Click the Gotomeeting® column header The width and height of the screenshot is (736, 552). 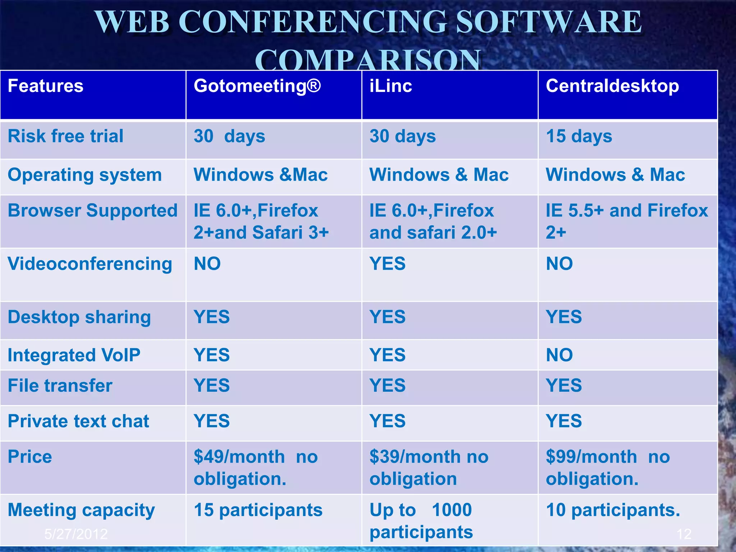[x=257, y=86]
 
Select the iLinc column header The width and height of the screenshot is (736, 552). [x=391, y=86]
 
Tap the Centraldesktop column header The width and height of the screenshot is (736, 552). [x=612, y=86]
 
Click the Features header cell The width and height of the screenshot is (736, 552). [x=46, y=86]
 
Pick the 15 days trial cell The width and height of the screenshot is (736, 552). [x=579, y=137]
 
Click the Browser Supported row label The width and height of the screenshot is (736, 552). [x=93, y=211]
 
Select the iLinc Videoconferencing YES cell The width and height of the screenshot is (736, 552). [x=387, y=264]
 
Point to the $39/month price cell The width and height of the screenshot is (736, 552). [x=429, y=467]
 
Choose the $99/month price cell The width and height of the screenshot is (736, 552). [x=607, y=467]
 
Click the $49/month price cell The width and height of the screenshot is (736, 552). [x=255, y=467]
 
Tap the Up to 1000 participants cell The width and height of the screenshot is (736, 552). [x=421, y=520]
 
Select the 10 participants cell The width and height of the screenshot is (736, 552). [x=613, y=510]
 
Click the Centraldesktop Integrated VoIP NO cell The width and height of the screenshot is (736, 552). [x=559, y=355]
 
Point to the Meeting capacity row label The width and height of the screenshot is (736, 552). [x=81, y=510]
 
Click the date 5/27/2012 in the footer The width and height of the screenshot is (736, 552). [x=76, y=534]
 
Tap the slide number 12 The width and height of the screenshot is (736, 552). [x=684, y=534]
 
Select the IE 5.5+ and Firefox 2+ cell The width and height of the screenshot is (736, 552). [x=626, y=221]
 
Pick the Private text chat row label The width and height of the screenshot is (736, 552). [x=78, y=421]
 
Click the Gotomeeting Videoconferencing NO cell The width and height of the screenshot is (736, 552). [x=207, y=264]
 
